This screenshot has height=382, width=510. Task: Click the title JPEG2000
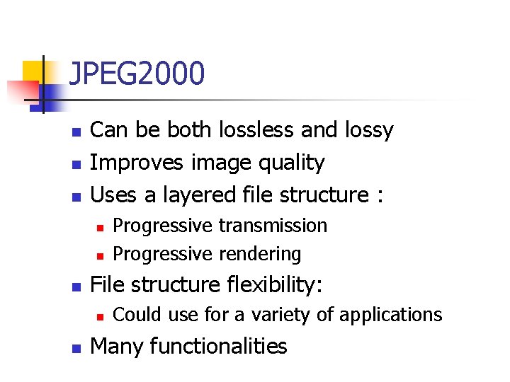coord(137,74)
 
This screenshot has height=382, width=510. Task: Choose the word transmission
coord(273,226)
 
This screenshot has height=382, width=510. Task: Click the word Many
coord(117,347)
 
